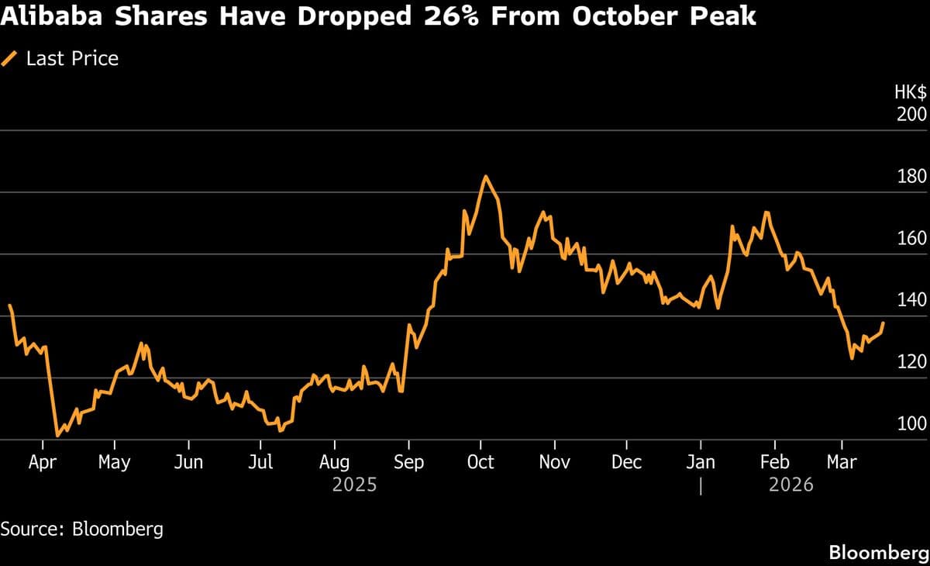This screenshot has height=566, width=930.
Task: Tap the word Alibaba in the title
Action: tap(50, 16)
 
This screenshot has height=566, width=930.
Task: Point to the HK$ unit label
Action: tap(911, 92)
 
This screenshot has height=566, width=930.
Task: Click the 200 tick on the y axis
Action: tap(912, 114)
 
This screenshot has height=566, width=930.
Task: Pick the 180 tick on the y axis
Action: tap(912, 176)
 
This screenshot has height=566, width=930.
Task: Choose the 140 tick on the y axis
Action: tap(912, 300)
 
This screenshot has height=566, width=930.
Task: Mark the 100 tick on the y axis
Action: tap(912, 424)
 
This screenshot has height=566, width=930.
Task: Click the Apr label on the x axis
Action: tap(43, 462)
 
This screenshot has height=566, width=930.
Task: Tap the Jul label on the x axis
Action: tap(261, 462)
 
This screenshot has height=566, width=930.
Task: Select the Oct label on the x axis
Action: tap(480, 462)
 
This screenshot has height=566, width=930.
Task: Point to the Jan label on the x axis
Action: tap(701, 462)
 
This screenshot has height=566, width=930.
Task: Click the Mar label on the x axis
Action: tap(842, 462)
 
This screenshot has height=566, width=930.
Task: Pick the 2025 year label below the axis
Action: tap(354, 485)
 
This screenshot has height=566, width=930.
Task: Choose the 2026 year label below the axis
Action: tap(791, 485)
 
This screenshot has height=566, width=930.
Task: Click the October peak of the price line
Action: tap(486, 177)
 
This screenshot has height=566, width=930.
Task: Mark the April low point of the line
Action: tap(57, 436)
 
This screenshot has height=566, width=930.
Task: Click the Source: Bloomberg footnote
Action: tap(82, 530)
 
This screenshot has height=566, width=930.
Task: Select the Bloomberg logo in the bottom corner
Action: tap(878, 553)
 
